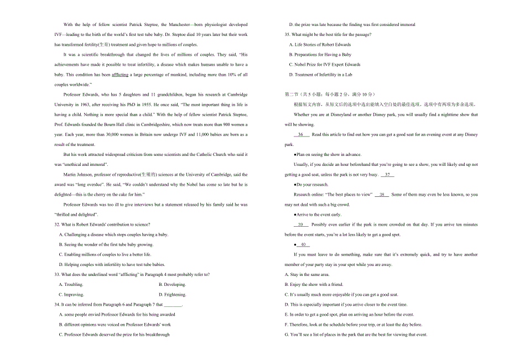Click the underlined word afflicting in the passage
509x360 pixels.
pos(120,75)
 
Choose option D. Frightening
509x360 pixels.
pos(172,295)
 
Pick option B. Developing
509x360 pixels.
pos(172,284)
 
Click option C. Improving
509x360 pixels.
pos(71,295)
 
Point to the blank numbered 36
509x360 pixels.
pos(301,134)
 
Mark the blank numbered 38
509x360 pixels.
pos(382,195)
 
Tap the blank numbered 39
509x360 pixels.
pos(301,225)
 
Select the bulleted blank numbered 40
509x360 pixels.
pos(303,244)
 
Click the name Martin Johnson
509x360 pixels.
pos(78,174)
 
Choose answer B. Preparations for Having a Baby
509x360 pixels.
pos(320,55)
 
